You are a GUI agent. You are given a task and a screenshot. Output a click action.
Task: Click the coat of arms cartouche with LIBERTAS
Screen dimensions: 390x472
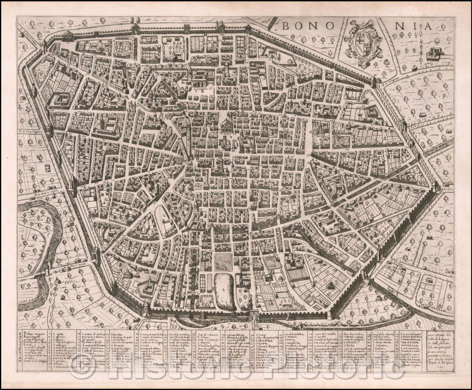pos(362,44)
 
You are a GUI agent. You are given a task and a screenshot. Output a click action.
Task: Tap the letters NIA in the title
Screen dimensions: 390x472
pos(413,26)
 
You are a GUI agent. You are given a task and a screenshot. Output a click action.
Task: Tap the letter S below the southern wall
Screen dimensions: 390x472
pos(221,326)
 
